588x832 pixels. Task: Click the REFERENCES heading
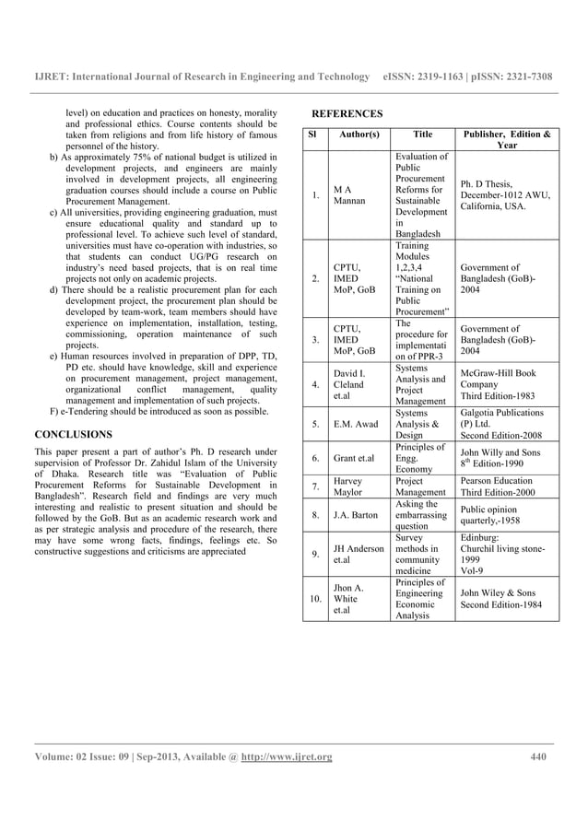point(347,113)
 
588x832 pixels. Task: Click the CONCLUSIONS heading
point(73,432)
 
